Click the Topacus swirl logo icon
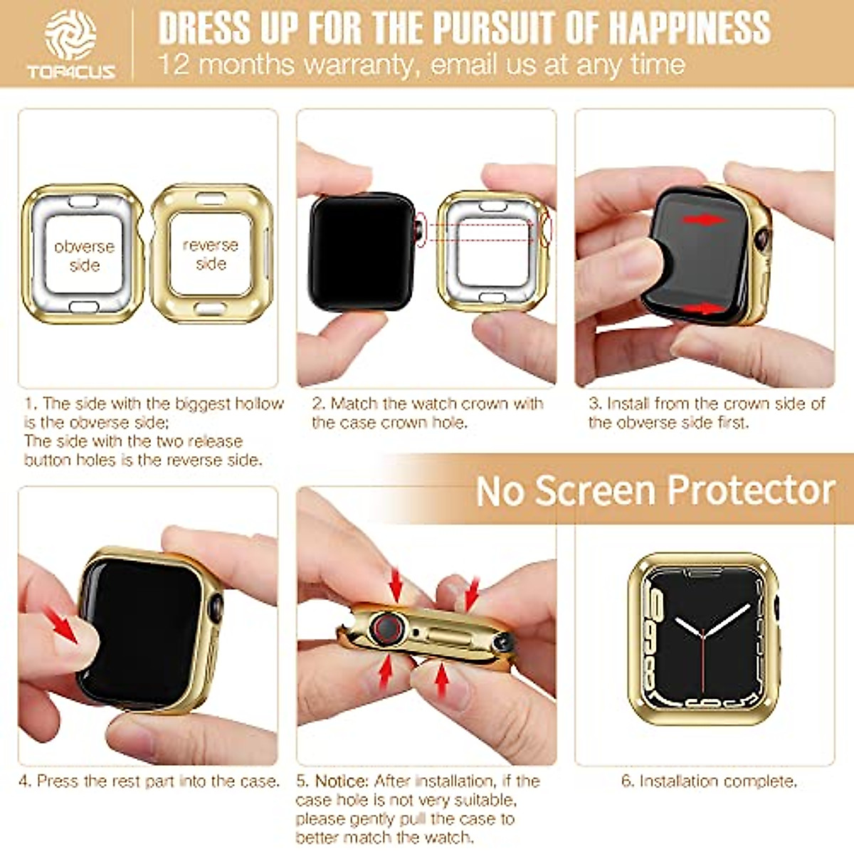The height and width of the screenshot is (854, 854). click(70, 34)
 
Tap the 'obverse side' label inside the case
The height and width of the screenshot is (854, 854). click(84, 255)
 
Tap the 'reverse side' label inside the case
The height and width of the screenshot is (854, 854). click(210, 254)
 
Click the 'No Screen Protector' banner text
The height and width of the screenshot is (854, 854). click(655, 490)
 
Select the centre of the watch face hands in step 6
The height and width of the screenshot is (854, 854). click(703, 633)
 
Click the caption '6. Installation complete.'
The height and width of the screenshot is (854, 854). click(709, 781)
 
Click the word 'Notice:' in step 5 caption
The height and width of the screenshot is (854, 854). click(342, 781)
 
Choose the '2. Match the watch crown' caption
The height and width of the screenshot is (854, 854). click(427, 413)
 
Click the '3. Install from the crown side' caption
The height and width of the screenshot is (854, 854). click(706, 413)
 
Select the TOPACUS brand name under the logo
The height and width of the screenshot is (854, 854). click(70, 71)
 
